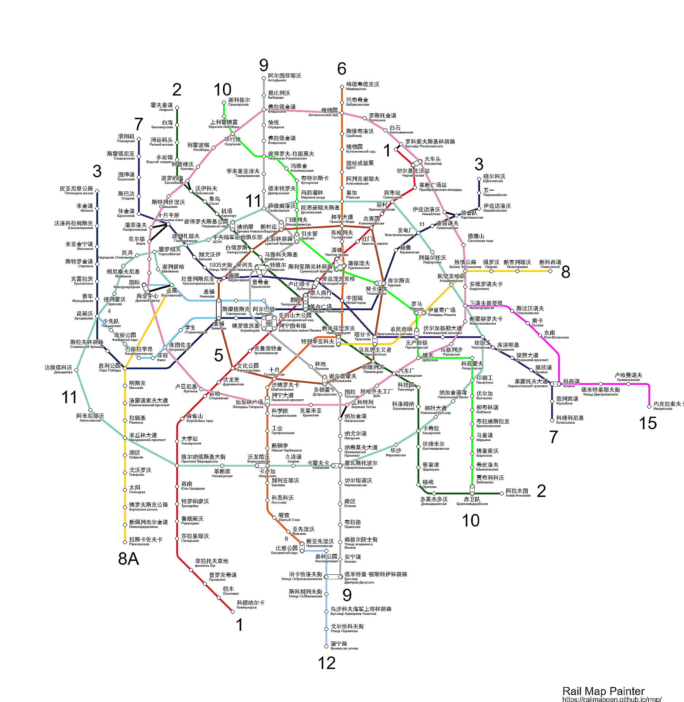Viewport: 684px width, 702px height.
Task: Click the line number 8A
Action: (x=129, y=559)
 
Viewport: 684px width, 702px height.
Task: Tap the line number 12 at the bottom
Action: (x=327, y=663)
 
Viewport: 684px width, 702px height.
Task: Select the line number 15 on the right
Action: (x=648, y=423)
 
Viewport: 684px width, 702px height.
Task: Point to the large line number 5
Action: (x=218, y=355)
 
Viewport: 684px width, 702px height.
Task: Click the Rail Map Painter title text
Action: (x=603, y=691)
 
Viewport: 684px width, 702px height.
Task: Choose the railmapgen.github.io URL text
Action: (x=612, y=699)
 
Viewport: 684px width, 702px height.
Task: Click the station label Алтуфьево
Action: (x=277, y=80)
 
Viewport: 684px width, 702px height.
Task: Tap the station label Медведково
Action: (x=356, y=89)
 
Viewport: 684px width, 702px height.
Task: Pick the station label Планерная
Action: (x=126, y=141)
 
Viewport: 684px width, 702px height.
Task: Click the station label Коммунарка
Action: (x=247, y=608)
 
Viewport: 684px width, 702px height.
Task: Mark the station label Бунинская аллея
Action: (x=344, y=649)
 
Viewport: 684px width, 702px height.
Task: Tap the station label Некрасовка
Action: (x=663, y=408)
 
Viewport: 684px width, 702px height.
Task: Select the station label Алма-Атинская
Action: (x=518, y=495)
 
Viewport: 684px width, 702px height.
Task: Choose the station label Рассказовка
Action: (x=139, y=544)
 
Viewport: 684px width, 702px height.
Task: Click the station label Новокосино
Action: (x=550, y=267)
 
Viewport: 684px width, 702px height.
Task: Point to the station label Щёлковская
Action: (x=493, y=181)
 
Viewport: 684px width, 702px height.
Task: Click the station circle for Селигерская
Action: (x=224, y=103)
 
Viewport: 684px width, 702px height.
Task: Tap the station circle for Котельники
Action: (x=552, y=420)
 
